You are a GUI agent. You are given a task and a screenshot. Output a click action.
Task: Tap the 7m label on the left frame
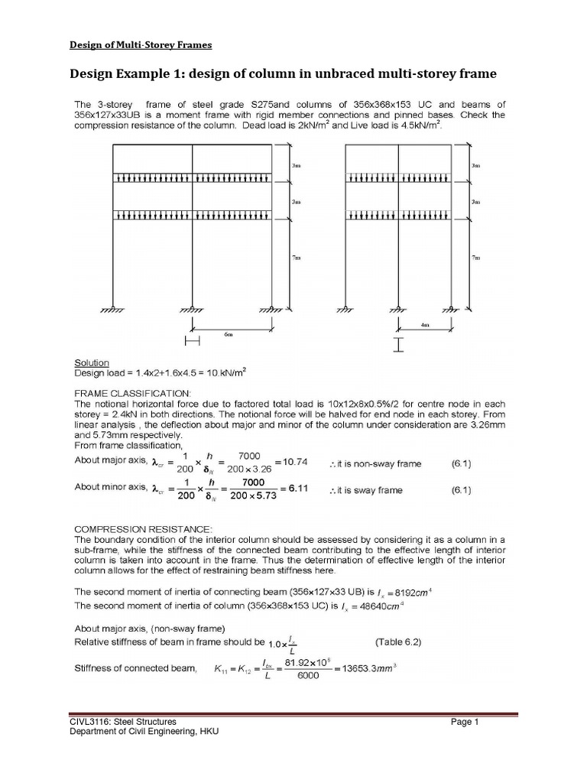coord(297,258)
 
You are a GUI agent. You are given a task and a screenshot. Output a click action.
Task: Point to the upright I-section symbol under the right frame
coord(397,346)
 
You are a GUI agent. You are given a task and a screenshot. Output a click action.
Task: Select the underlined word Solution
coord(91,362)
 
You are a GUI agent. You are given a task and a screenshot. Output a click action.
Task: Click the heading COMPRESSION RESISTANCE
coord(131,528)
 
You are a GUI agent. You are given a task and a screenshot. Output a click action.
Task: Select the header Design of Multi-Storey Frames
coord(141,44)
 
